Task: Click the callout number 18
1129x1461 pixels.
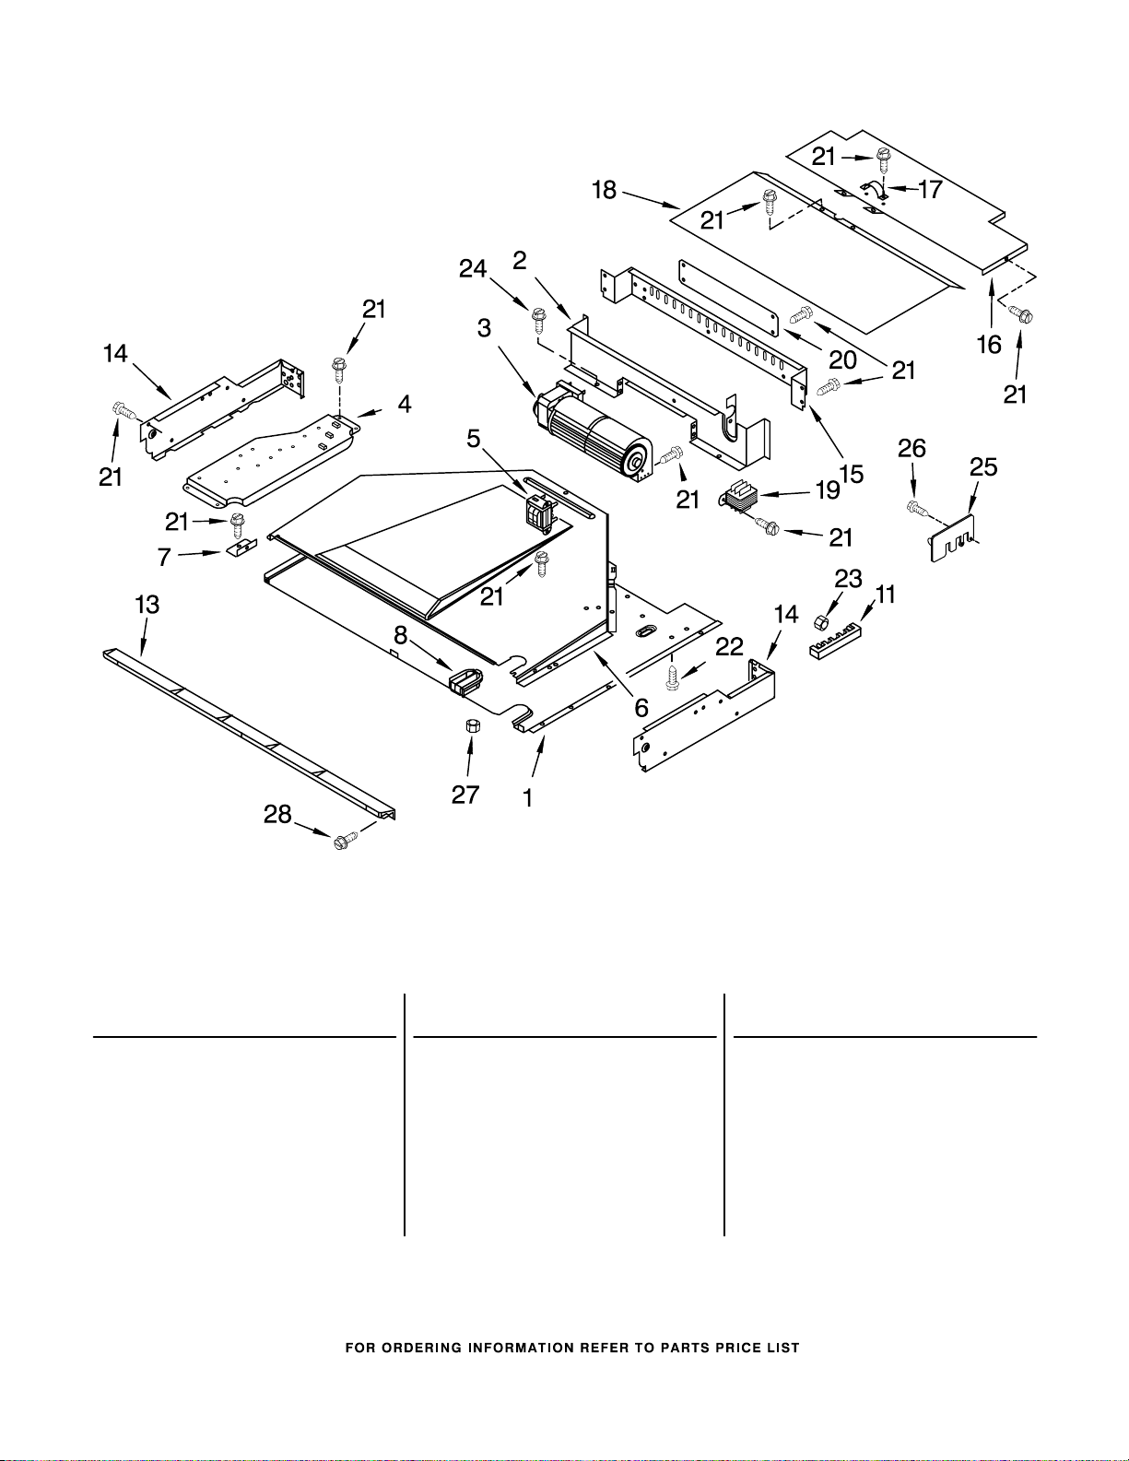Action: [x=605, y=190]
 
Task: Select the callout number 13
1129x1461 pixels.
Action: [x=147, y=605]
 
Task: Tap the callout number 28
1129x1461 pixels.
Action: [x=277, y=814]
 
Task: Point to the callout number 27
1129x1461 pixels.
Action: [x=465, y=795]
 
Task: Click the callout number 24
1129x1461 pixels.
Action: [x=473, y=269]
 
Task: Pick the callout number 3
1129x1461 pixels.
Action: [x=484, y=328]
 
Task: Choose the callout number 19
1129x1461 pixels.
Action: [x=828, y=490]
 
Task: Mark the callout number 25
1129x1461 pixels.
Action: [x=983, y=466]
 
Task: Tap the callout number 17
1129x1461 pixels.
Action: [x=930, y=190]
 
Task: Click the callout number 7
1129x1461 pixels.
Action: [x=164, y=557]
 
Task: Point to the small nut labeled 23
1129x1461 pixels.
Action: [x=819, y=621]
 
